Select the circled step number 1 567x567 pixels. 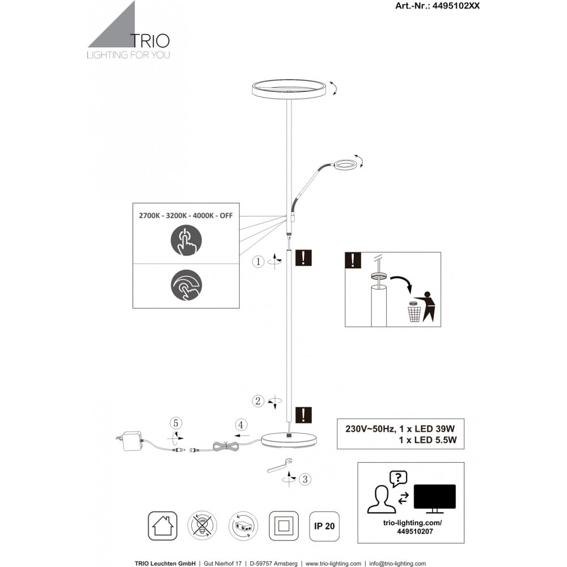[x=259, y=261]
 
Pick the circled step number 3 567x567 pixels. [x=305, y=480]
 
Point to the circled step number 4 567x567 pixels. [x=241, y=424]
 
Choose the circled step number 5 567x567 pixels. [x=176, y=423]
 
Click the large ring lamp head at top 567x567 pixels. [x=289, y=90]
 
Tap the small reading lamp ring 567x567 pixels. [x=344, y=165]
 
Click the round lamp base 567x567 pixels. [x=289, y=439]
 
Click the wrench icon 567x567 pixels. [x=278, y=466]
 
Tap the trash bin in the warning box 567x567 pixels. [x=414, y=312]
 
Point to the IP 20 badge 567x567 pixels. [x=324, y=526]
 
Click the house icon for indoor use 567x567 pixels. [x=162, y=526]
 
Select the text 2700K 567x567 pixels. [x=150, y=216]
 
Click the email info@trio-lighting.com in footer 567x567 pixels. [x=397, y=564]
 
